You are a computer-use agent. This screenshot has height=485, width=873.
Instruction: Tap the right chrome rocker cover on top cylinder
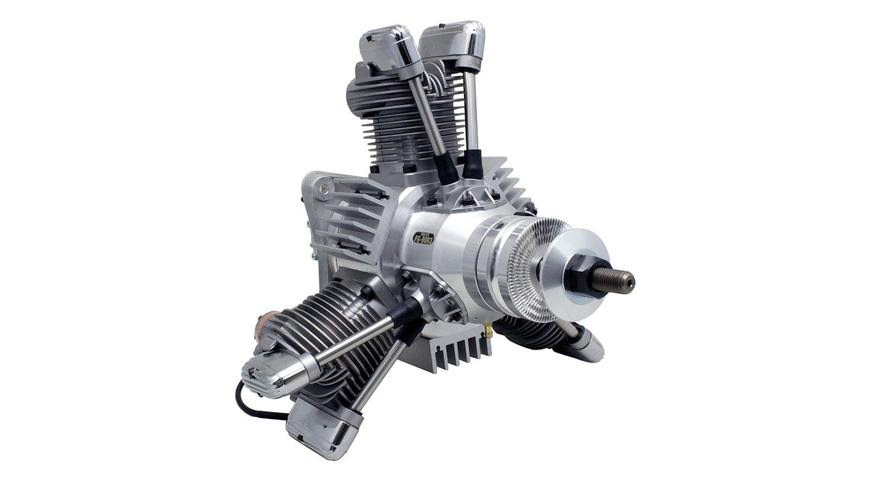(453, 39)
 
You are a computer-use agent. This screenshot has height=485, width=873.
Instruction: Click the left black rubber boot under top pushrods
(446, 165)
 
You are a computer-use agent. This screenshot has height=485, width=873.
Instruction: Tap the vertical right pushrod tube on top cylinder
(472, 106)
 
